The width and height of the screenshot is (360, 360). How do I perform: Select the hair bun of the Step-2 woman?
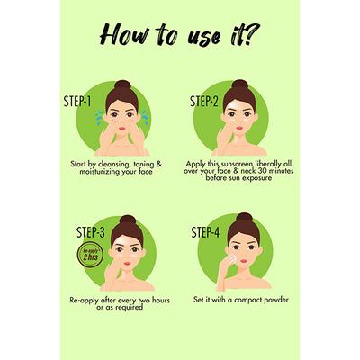coord(238,85)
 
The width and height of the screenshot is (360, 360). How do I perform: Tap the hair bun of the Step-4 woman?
coord(242,219)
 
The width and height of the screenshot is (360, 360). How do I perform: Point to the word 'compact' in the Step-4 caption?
coord(235,297)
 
